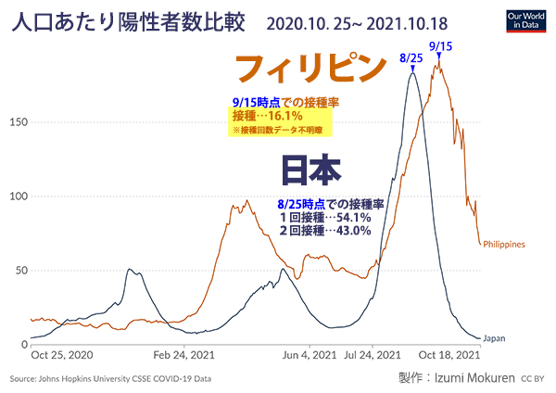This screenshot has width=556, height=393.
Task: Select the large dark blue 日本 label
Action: (311, 171)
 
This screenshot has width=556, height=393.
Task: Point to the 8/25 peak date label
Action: (411, 57)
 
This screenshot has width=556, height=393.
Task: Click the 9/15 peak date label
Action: (440, 44)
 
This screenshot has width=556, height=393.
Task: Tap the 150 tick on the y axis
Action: (17, 122)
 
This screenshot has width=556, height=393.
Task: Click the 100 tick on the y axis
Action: (17, 196)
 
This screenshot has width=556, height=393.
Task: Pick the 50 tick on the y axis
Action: (19, 271)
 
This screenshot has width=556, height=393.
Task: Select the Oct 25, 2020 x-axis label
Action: (62, 354)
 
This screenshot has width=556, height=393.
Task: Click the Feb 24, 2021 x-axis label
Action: (183, 354)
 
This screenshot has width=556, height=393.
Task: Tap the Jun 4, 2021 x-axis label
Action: (309, 354)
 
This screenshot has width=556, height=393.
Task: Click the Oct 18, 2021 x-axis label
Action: (449, 354)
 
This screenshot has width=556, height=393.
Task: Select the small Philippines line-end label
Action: (504, 245)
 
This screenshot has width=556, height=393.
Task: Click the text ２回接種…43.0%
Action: (325, 231)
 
